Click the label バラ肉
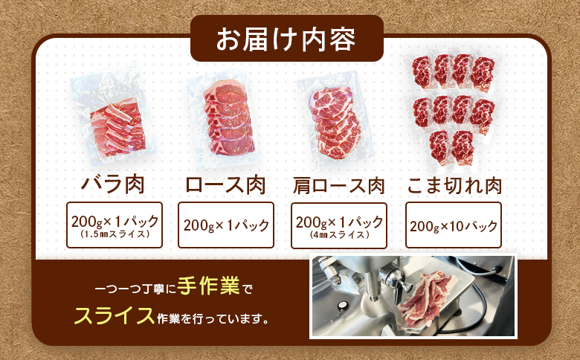(x=112, y=184)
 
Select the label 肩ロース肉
(x=339, y=184)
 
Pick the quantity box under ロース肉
(x=226, y=225)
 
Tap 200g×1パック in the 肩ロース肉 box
(x=339, y=221)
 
